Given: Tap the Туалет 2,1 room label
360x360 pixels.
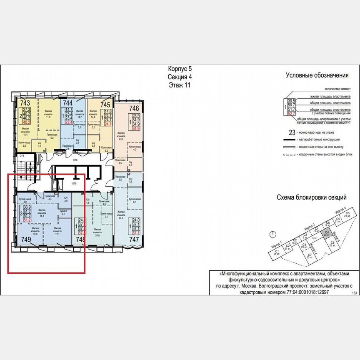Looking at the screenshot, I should click(63, 212).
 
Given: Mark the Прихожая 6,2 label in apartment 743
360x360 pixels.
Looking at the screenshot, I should click(52, 136).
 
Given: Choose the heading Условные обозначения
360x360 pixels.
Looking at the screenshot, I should click(317, 75).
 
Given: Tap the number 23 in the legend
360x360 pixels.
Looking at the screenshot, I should click(292, 132).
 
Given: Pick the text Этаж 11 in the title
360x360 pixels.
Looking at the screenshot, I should click(180, 85).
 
